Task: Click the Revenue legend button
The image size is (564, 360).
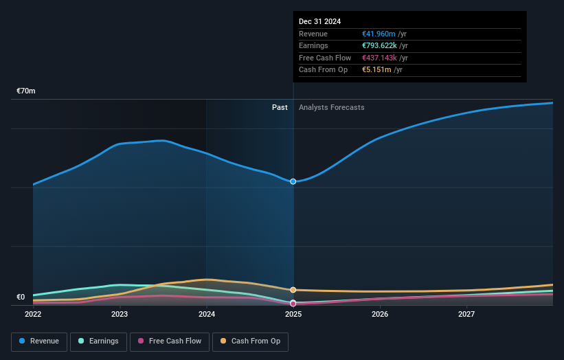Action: click(x=40, y=341)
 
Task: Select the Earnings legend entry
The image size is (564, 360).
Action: click(x=98, y=341)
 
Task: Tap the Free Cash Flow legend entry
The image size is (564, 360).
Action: click(x=170, y=341)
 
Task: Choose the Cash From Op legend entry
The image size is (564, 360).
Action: click(x=250, y=341)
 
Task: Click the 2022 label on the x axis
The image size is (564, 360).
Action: click(x=33, y=315)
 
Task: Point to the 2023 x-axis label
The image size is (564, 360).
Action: click(x=120, y=315)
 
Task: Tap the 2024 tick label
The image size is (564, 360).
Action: click(x=207, y=315)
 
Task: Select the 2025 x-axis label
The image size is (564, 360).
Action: click(x=293, y=315)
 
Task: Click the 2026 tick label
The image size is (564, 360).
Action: click(x=380, y=315)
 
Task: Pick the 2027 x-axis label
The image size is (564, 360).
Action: click(x=467, y=315)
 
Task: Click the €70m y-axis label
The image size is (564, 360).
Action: click(x=26, y=91)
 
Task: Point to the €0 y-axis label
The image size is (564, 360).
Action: click(x=21, y=297)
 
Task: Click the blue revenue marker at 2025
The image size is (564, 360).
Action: click(x=293, y=181)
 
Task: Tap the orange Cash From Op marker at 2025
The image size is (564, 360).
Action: click(x=293, y=290)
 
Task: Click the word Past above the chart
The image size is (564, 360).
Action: click(x=280, y=107)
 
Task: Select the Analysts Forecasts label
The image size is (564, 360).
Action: click(x=332, y=107)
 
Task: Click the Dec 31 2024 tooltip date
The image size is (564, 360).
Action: click(x=319, y=22)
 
